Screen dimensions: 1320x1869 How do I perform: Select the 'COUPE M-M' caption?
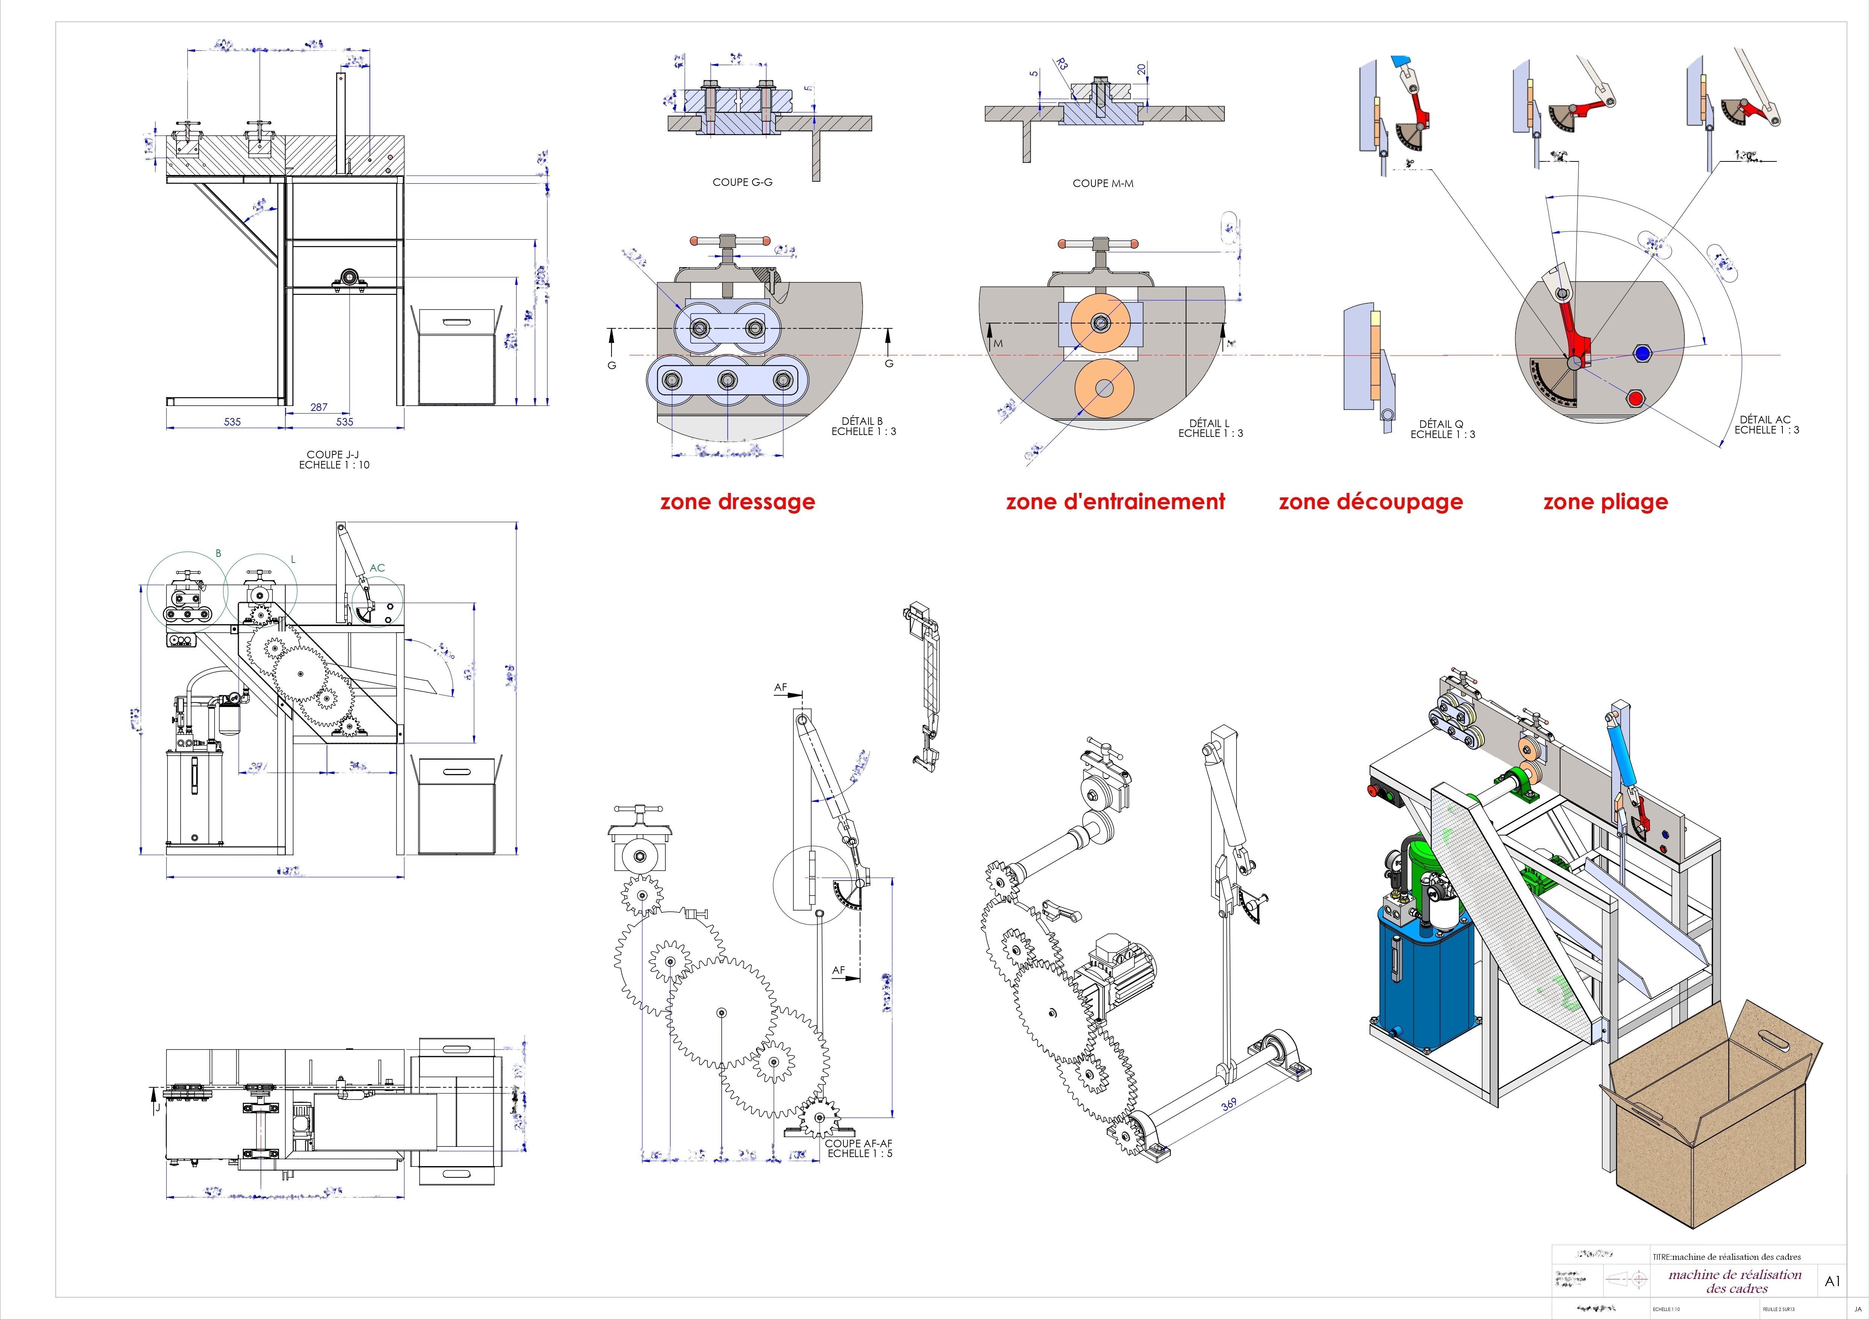pos(1103,183)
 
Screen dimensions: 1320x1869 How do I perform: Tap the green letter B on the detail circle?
pos(218,554)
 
